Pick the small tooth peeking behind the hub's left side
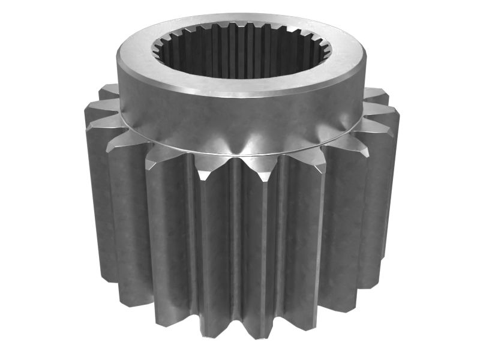pyautogui.click(x=109, y=91)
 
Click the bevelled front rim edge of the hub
pyautogui.click(x=240, y=95)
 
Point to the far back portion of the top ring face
pyautogui.click(x=240, y=19)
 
